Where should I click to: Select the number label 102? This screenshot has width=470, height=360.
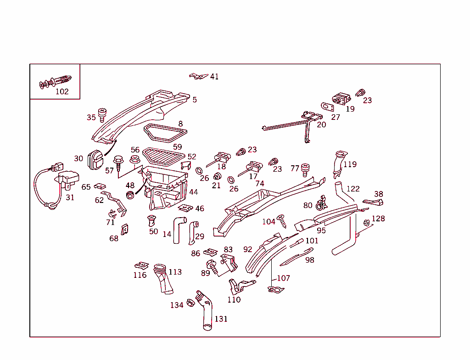(x=62, y=91)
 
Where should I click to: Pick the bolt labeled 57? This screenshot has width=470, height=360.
(x=118, y=163)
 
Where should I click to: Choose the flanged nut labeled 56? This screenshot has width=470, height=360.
(x=134, y=160)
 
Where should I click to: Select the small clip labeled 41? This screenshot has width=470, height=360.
(x=198, y=76)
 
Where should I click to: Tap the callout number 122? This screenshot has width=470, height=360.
(x=353, y=189)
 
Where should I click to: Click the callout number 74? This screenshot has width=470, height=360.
(x=260, y=184)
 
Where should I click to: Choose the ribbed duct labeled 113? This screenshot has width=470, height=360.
(x=162, y=278)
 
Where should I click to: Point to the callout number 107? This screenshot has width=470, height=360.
(x=283, y=278)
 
